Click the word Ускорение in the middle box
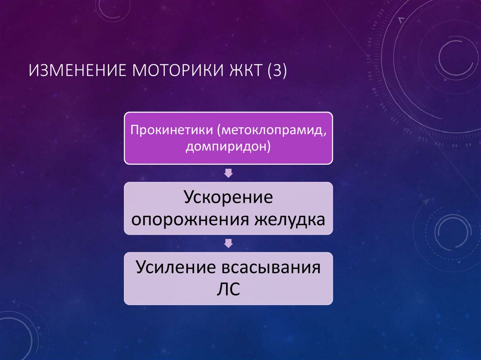pyautogui.click(x=228, y=197)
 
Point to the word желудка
pyautogui.click(x=288, y=219)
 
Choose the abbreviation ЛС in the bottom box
pyautogui.click(x=228, y=289)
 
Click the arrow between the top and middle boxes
pyautogui.click(x=228, y=173)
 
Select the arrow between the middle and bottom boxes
pyautogui.click(x=228, y=243)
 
